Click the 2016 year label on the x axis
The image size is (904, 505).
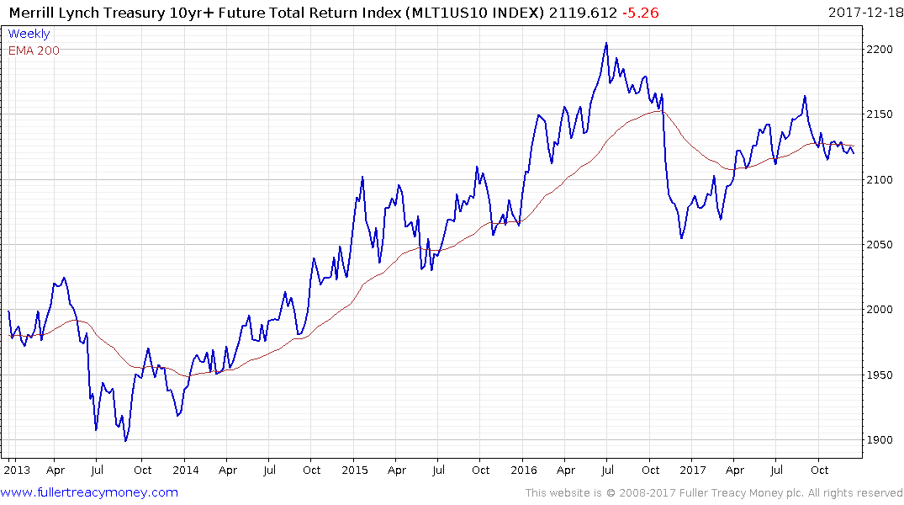pyautogui.click(x=524, y=470)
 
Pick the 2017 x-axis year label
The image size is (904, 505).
pyautogui.click(x=693, y=470)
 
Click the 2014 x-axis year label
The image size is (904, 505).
pyautogui.click(x=185, y=470)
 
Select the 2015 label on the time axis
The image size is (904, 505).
pyautogui.click(x=355, y=470)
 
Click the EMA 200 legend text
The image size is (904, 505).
pyautogui.click(x=34, y=50)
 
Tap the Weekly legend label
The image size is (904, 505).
pyautogui.click(x=29, y=35)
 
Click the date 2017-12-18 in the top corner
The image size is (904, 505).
pyautogui.click(x=863, y=13)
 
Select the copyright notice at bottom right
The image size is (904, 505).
pyautogui.click(x=714, y=492)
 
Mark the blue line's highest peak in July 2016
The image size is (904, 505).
pyautogui.click(x=606, y=43)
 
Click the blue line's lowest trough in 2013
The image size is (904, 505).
pyautogui.click(x=125, y=440)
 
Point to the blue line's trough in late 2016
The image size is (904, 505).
pyautogui.click(x=681, y=238)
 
